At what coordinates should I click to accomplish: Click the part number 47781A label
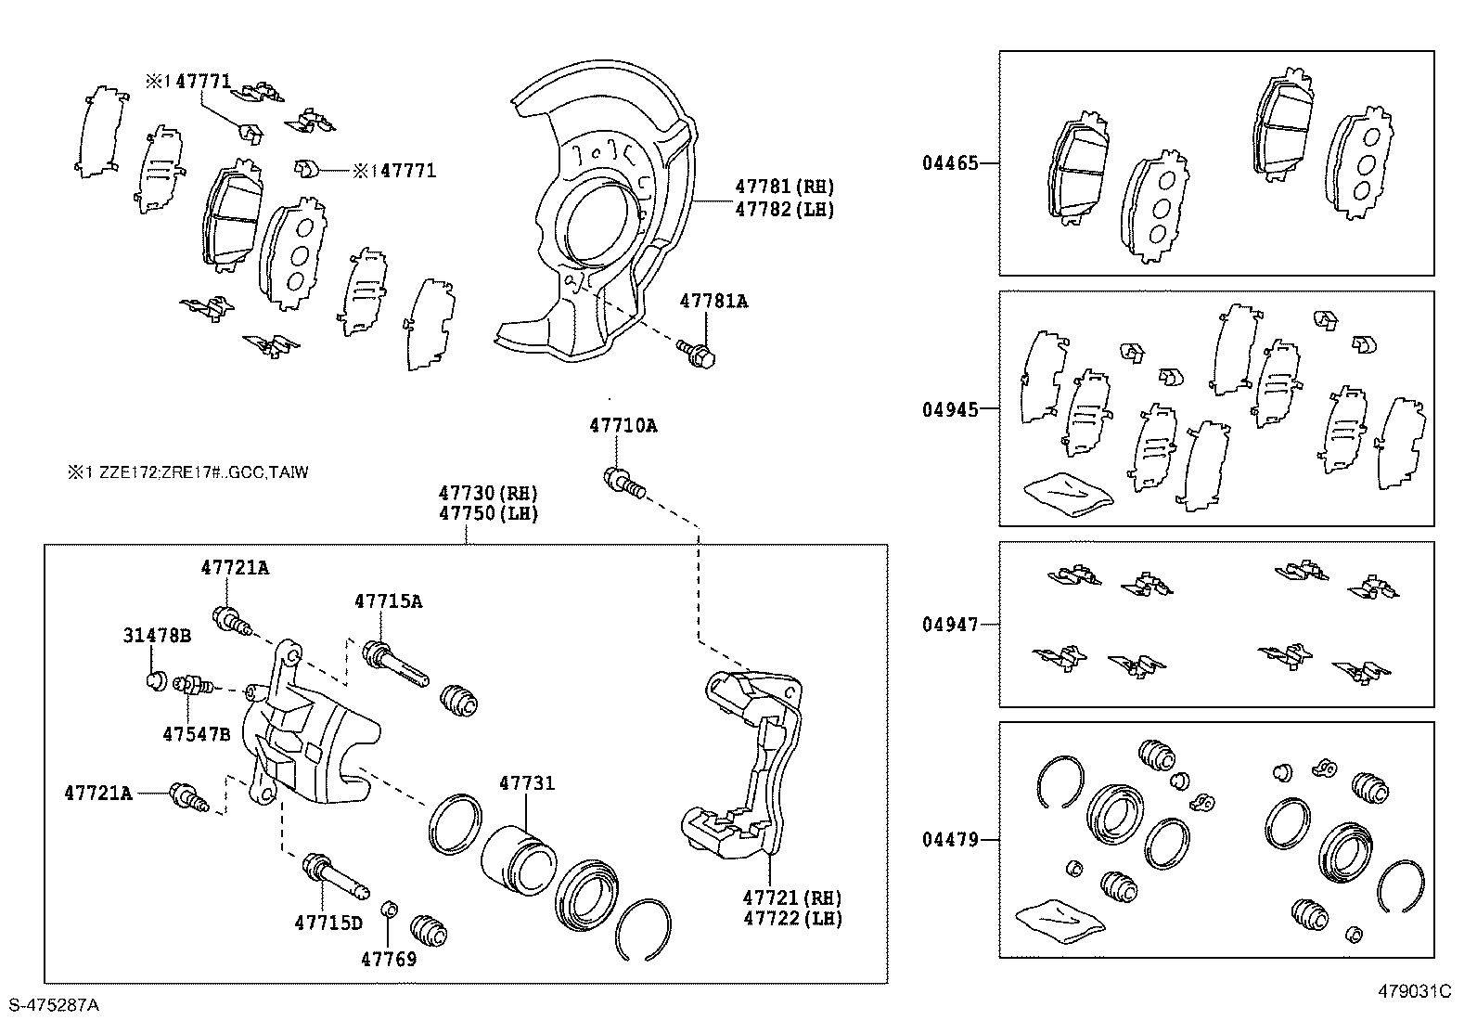coord(713,301)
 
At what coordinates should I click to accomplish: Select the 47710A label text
coord(623,426)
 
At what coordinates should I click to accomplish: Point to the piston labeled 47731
coord(517,859)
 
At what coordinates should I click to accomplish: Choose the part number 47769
coord(389,959)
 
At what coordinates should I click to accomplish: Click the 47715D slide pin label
coord(328,923)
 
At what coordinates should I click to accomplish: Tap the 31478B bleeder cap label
coord(157,636)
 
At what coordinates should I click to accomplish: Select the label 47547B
coord(196,733)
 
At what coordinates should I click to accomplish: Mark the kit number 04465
coord(950,163)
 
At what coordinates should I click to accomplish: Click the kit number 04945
coord(950,409)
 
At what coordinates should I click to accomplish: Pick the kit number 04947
coord(950,625)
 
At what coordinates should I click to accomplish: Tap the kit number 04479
coord(950,840)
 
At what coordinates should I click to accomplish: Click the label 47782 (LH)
coord(784,211)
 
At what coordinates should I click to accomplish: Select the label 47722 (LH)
coord(791,919)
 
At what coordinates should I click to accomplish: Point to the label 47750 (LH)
coord(488,513)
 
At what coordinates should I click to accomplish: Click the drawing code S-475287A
coord(53,1005)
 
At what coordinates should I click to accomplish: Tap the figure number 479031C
coord(1415,991)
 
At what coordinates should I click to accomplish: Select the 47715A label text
coord(388,601)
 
